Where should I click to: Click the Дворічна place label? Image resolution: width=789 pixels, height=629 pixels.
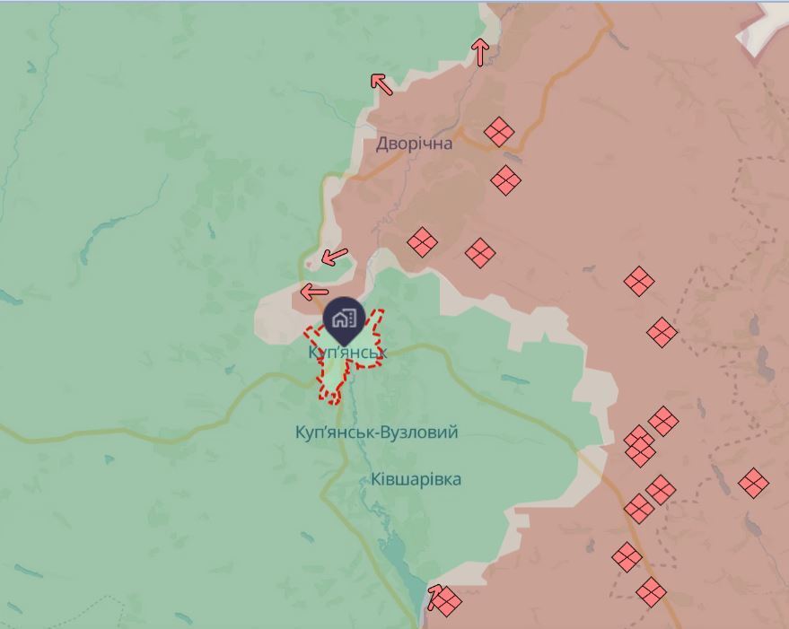pos(414,144)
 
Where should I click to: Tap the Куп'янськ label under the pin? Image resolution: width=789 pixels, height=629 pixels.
pos(346,354)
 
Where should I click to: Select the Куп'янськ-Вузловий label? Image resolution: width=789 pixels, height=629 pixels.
pos(376,432)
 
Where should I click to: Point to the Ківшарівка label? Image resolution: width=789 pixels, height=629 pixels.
pos(416,479)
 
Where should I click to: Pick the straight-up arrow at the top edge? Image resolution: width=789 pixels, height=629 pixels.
pos(480,52)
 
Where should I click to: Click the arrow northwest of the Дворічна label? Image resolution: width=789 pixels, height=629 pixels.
pos(381,83)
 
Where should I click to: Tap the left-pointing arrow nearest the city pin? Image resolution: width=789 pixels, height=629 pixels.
pos(314,292)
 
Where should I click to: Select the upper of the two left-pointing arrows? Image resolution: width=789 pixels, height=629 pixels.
pos(334,257)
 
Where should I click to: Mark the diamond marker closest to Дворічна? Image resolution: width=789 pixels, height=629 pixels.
pos(498,132)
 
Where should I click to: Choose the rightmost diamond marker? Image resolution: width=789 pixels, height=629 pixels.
pos(753,483)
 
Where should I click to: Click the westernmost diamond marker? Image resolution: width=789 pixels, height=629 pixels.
pos(421,242)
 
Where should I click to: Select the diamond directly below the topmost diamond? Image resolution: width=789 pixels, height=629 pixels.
pos(506,180)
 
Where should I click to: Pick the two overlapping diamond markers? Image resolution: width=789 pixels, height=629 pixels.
pos(639,446)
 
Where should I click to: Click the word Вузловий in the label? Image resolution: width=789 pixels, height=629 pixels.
pos(419,432)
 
